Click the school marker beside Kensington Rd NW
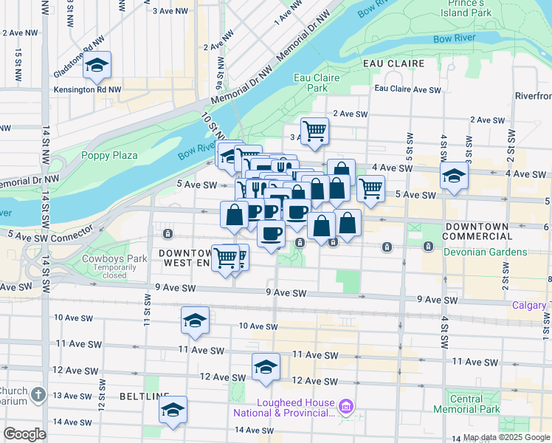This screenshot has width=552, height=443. click(97, 66)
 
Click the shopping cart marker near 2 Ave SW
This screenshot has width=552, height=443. click(315, 131)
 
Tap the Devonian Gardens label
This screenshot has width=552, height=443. click(486, 252)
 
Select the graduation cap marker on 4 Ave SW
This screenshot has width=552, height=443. click(454, 176)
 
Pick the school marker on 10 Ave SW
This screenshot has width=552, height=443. click(196, 320)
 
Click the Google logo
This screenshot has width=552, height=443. click(25, 433)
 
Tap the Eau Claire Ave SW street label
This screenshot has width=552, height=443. click(407, 89)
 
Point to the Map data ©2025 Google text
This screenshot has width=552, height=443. click(506, 437)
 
